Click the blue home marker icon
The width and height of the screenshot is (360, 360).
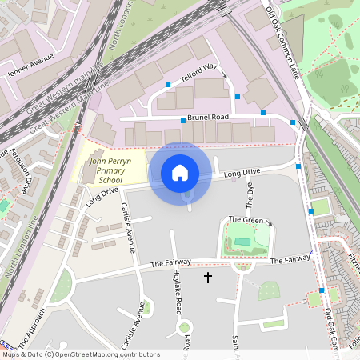[x=180, y=172]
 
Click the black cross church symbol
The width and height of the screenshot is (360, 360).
[x=208, y=278]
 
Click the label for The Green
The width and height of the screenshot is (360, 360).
[x=246, y=219]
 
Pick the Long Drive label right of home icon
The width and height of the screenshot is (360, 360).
[x=242, y=173]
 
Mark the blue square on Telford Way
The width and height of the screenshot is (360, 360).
[x=168, y=84]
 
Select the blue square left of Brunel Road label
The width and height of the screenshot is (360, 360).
[x=183, y=120]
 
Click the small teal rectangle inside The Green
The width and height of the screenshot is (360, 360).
[x=241, y=240]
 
